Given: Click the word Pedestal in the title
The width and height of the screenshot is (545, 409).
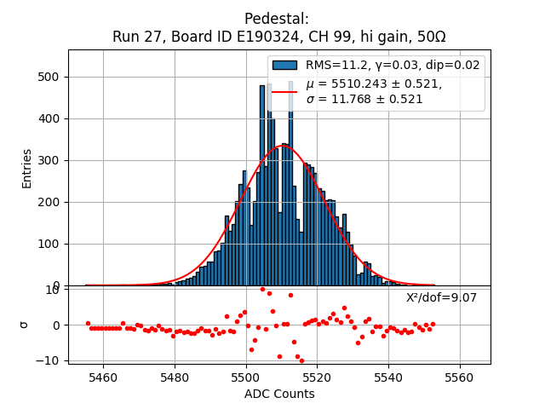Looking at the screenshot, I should pos(276,19).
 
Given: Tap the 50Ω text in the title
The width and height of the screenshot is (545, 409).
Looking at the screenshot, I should pos(428,37).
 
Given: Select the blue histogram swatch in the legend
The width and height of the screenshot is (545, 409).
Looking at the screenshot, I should pos(284,65).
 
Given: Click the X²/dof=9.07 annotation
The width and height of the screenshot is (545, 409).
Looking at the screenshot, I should pos(441,297).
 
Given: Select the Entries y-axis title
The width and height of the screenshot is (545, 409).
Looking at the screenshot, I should pos(27,168).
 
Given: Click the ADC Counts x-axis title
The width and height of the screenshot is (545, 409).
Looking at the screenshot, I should pos(279,394).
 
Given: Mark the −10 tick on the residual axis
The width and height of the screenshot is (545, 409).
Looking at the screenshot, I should pos(49,360).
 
